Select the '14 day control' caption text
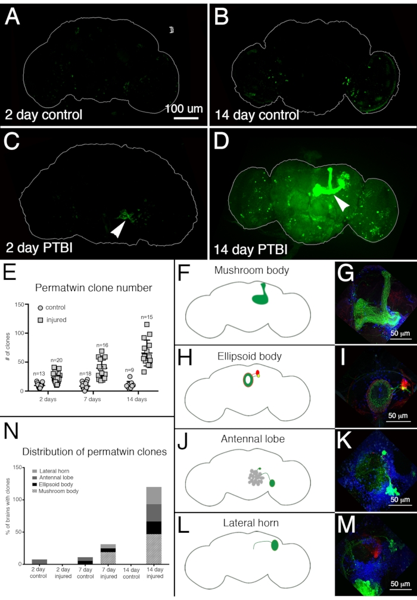pyautogui.click(x=256, y=114)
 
